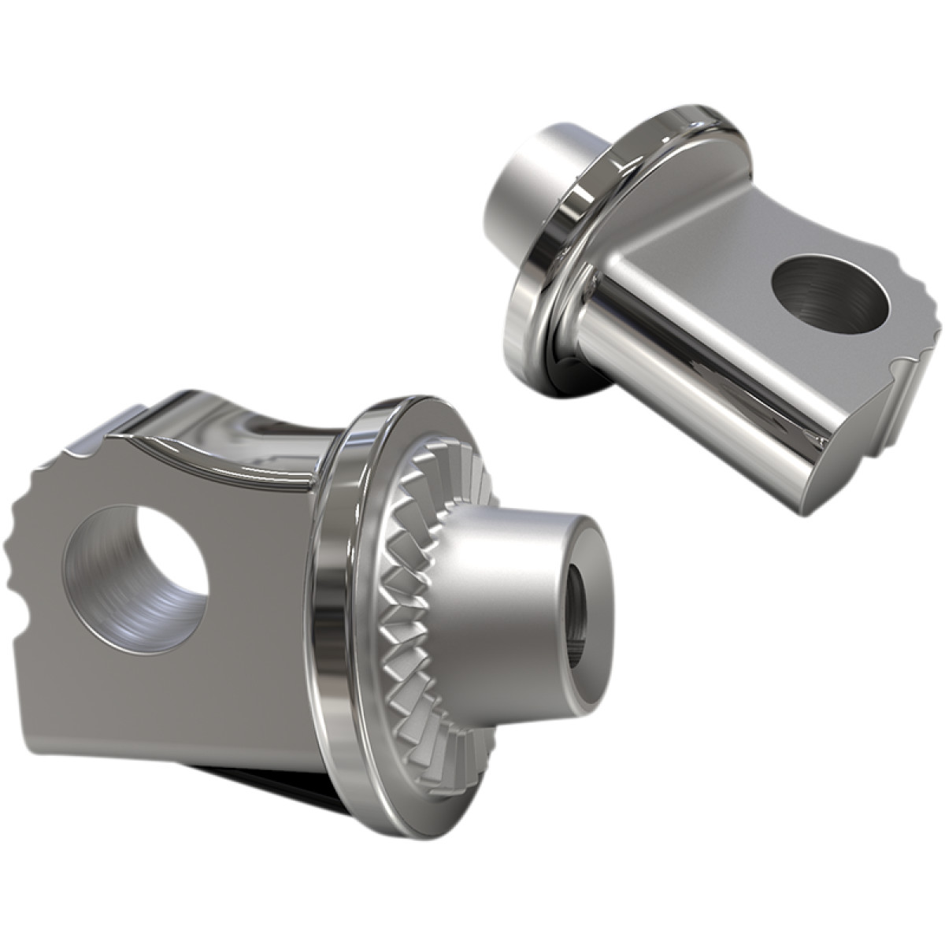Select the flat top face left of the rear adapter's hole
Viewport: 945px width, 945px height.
click(709, 260)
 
